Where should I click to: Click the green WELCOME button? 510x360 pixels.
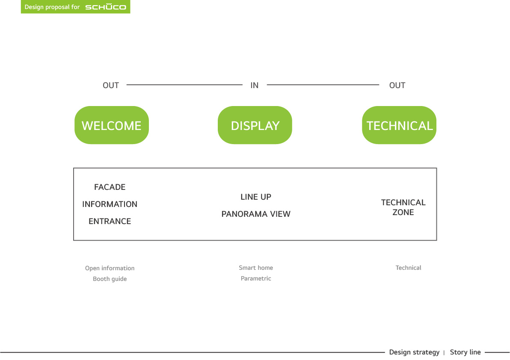tap(112, 125)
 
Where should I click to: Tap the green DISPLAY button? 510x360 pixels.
tap(255, 125)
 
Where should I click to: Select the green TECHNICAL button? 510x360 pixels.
tap(399, 125)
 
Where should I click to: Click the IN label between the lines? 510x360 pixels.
tap(254, 86)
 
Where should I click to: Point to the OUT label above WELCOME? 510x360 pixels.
tap(110, 86)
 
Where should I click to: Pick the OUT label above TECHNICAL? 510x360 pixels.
tap(397, 86)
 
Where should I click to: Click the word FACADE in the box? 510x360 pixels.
tap(110, 187)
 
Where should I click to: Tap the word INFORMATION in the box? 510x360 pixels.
tap(110, 204)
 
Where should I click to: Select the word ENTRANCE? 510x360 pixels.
tap(110, 221)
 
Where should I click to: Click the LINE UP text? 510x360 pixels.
tap(256, 197)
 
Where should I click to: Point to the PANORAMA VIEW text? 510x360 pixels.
tap(256, 214)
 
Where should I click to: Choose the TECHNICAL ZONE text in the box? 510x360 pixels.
tap(403, 207)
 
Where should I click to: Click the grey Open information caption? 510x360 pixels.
tap(110, 268)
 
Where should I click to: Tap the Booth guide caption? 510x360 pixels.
tap(110, 279)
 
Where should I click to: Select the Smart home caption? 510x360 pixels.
tap(256, 268)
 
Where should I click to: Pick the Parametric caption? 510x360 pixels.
tap(256, 278)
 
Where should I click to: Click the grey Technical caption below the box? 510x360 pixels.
tap(408, 268)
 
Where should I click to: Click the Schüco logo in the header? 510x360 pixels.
tap(106, 7)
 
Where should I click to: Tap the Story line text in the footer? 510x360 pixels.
tap(465, 352)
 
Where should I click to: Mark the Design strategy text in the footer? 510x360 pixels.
tap(414, 352)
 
